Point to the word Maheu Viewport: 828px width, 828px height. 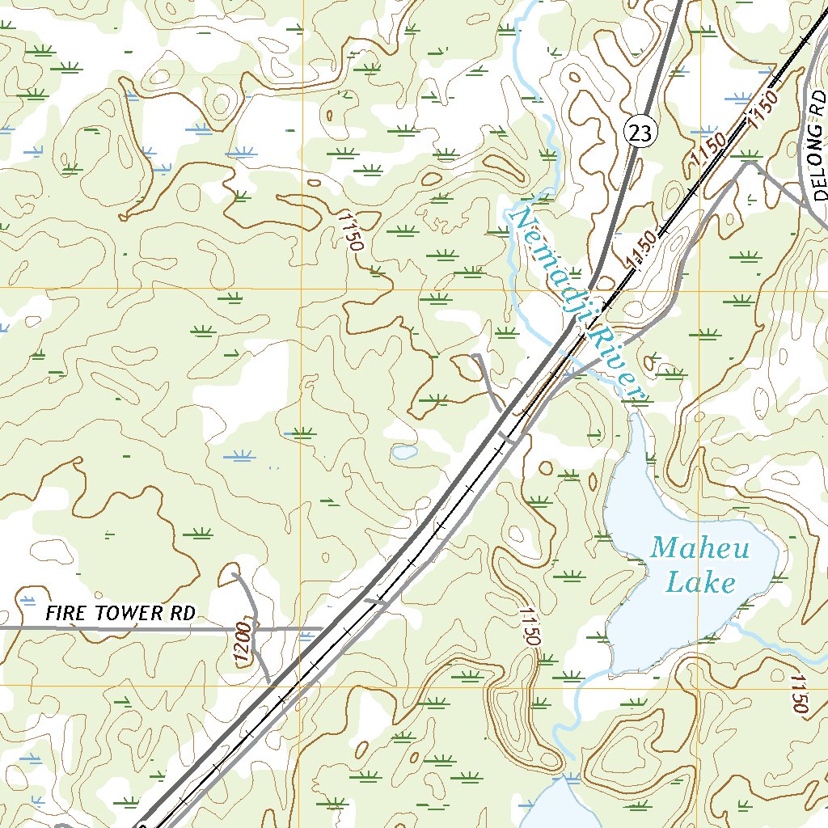[x=700, y=550]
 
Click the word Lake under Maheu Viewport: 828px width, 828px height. [x=700, y=582]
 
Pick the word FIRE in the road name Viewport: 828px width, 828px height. [x=64, y=613]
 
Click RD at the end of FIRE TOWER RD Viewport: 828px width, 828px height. [x=184, y=613]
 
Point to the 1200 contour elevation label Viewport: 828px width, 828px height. [x=241, y=644]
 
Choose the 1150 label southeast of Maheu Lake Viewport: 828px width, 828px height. [x=800, y=694]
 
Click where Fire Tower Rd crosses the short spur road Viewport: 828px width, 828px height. [x=253, y=628]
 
